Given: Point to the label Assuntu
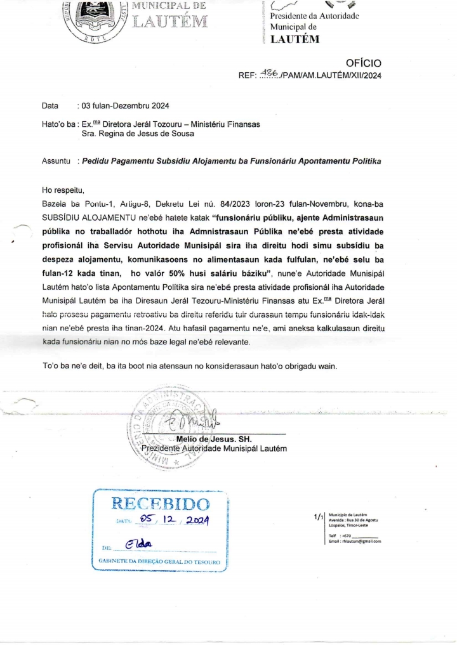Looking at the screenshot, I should [56, 162].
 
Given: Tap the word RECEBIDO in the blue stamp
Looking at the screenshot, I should [161, 505].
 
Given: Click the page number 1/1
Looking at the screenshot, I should [319, 518].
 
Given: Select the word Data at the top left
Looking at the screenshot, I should [50, 105].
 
